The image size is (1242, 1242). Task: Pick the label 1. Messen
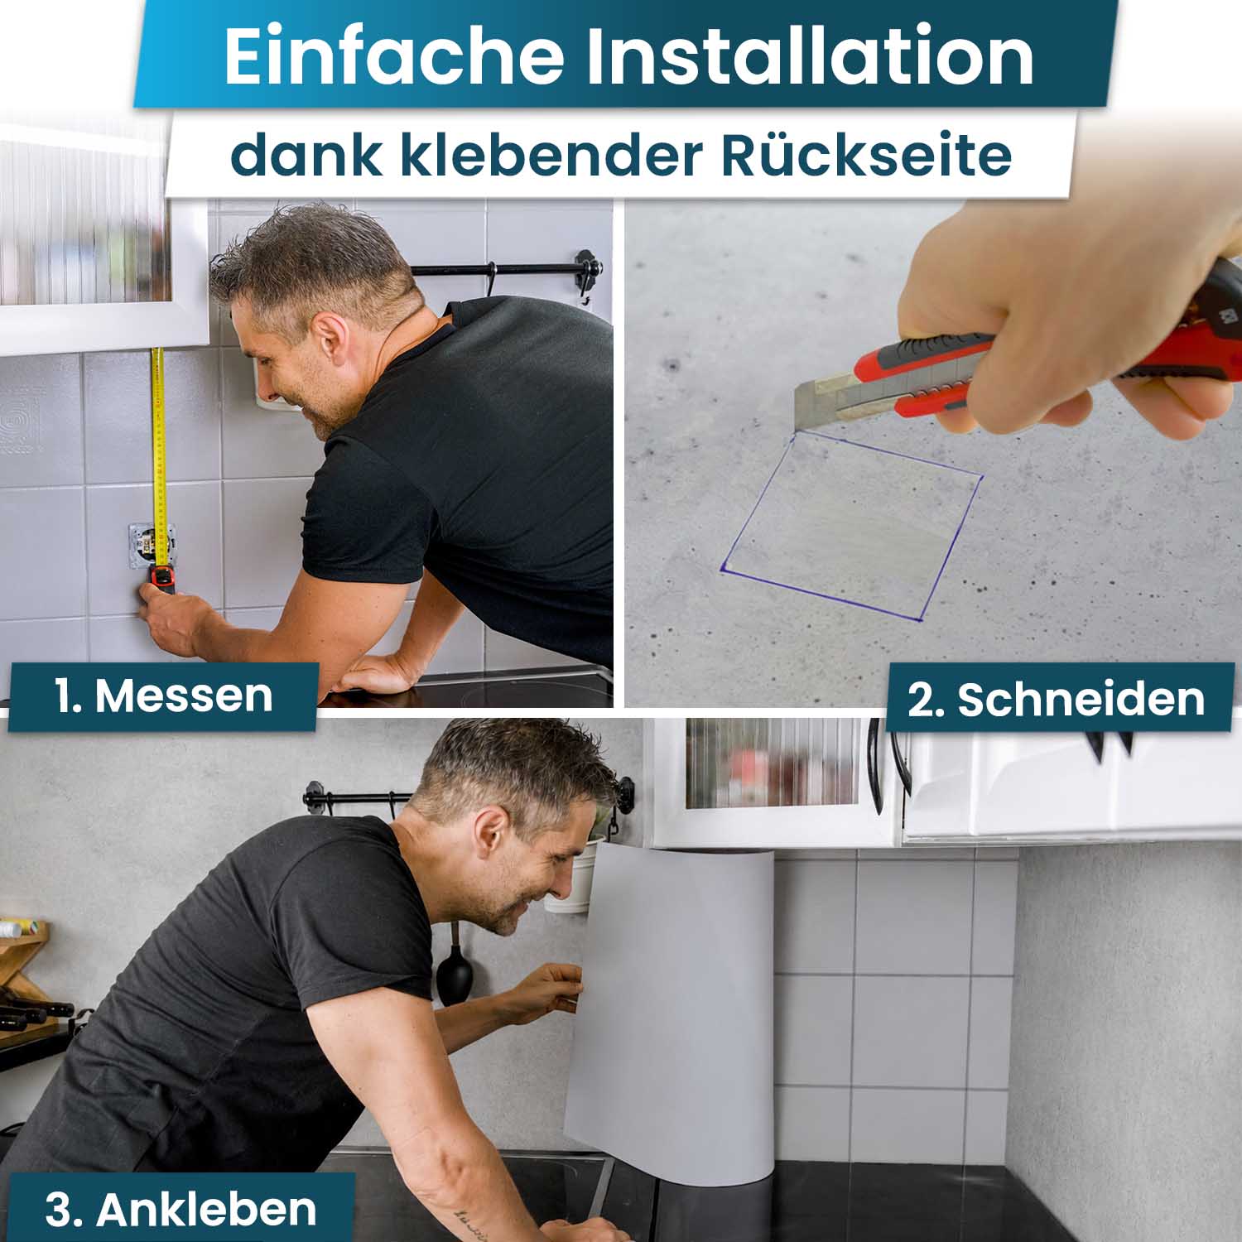[x=163, y=696]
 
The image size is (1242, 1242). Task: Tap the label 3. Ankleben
[x=181, y=1210]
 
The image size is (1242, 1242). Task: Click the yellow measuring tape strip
[x=157, y=455]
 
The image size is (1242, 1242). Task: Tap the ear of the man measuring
[x=330, y=339]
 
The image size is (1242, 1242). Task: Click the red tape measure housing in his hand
[x=163, y=580]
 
